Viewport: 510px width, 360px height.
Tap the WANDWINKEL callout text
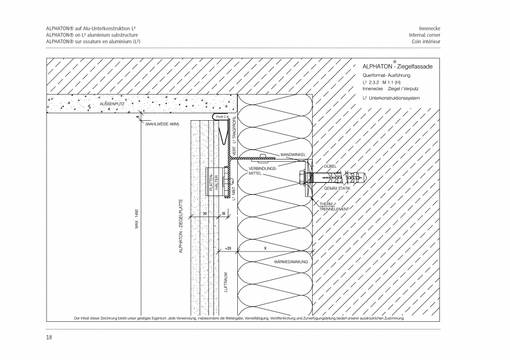point(293,155)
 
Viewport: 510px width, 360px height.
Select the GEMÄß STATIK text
point(336,189)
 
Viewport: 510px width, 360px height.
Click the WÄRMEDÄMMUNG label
point(291,261)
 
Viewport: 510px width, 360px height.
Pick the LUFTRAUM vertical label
point(226,282)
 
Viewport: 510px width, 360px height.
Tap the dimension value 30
point(204,213)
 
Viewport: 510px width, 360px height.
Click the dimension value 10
point(223,213)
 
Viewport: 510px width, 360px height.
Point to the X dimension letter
point(266,248)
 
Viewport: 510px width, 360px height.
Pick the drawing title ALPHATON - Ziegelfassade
point(397,66)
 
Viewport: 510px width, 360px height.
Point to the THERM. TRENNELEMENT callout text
point(334,207)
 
